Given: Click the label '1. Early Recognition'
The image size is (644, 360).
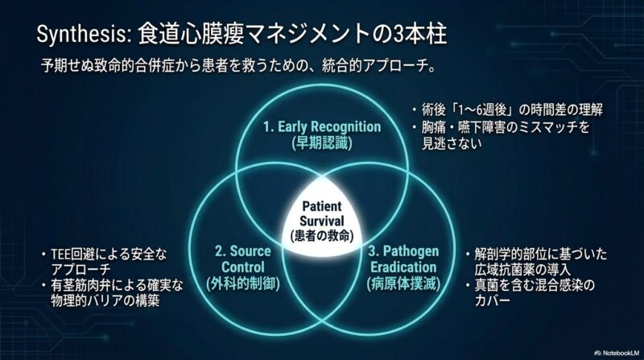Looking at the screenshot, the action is [322, 126].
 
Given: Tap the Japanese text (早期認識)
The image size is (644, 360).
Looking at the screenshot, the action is [322, 143].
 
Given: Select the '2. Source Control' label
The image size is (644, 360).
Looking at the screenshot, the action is [243, 259].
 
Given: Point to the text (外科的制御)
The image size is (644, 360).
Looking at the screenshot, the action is [243, 283].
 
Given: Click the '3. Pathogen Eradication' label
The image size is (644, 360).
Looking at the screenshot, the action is [404, 259].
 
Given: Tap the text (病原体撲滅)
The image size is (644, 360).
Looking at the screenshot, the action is [404, 283].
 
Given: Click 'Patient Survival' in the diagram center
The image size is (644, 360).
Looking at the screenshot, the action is [321, 213].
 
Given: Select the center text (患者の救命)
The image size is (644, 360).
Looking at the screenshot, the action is [321, 236].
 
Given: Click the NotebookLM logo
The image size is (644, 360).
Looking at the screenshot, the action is [616, 353].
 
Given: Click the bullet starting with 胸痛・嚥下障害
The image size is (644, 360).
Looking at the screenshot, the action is [501, 135].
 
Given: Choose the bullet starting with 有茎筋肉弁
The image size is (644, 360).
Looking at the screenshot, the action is [112, 293].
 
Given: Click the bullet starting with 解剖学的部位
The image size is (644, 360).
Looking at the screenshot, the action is [536, 263].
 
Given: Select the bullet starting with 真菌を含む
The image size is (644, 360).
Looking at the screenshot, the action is [530, 293].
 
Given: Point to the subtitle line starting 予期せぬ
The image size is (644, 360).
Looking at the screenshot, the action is [238, 66].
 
